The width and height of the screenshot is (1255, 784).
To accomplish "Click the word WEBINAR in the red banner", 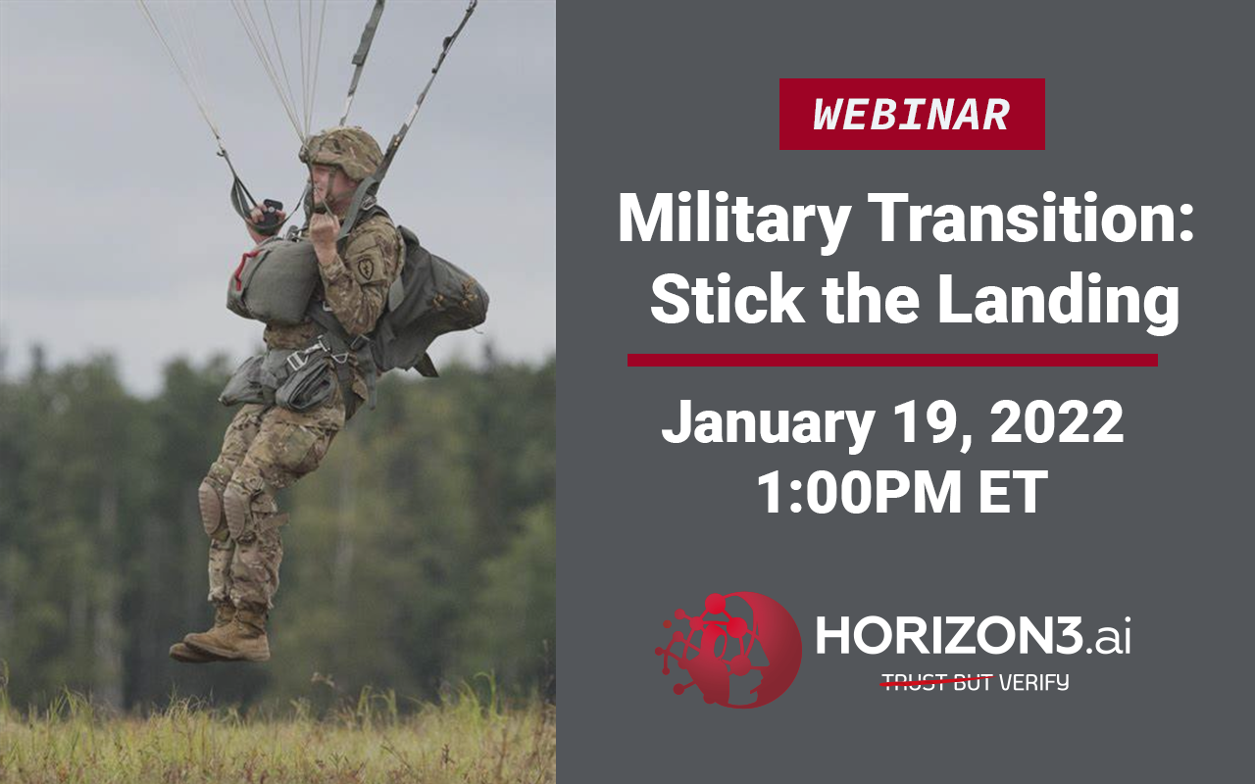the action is pos(912,115).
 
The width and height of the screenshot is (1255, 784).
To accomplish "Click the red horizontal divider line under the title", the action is pos(892,360).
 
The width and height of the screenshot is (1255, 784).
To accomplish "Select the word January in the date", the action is pos(768,422).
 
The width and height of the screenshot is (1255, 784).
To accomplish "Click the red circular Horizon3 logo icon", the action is pos(728,650).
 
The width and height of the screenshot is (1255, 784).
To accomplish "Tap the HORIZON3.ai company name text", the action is pos(973,635).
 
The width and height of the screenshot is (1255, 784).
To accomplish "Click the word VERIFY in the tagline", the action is pos(1033,682).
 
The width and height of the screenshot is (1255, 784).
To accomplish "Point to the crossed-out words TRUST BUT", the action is pos(936,682).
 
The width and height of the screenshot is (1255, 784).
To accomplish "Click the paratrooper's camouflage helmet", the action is pos(343,152).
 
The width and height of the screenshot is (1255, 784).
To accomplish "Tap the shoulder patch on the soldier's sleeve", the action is pos(366,268).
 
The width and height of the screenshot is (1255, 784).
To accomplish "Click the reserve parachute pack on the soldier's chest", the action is pos(272,280).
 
